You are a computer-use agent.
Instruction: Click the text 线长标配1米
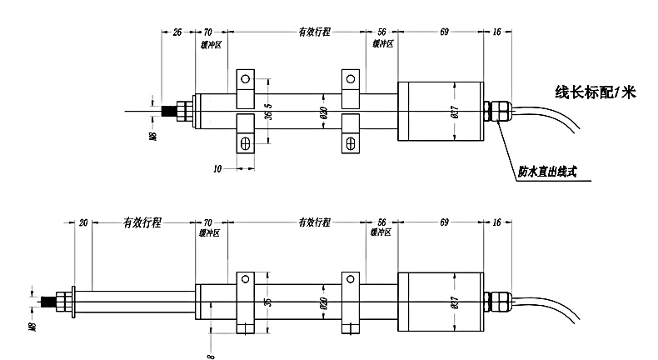click(595, 92)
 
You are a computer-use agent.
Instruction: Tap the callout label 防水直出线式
click(547, 172)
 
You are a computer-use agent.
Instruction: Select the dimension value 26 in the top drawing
click(177, 32)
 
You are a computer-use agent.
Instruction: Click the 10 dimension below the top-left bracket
click(217, 169)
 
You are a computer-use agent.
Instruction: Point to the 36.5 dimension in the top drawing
click(268, 112)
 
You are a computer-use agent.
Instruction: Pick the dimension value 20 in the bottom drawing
click(83, 222)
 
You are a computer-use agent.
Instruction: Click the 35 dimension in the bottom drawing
click(268, 302)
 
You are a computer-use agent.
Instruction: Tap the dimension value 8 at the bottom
click(211, 356)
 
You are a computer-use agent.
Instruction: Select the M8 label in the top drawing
click(152, 136)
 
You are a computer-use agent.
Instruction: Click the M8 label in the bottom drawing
click(32, 327)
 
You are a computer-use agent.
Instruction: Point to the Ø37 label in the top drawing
click(455, 112)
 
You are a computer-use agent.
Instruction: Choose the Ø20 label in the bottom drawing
click(323, 302)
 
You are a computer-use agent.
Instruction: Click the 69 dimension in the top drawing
click(445, 32)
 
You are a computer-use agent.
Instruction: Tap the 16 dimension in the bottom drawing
click(497, 222)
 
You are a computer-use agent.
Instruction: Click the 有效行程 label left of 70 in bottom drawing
click(142, 222)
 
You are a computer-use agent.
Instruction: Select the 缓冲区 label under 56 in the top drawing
click(382, 43)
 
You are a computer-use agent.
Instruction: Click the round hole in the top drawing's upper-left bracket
click(246, 79)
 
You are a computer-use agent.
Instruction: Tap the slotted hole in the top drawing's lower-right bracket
click(351, 143)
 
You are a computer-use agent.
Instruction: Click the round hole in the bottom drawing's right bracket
click(351, 279)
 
